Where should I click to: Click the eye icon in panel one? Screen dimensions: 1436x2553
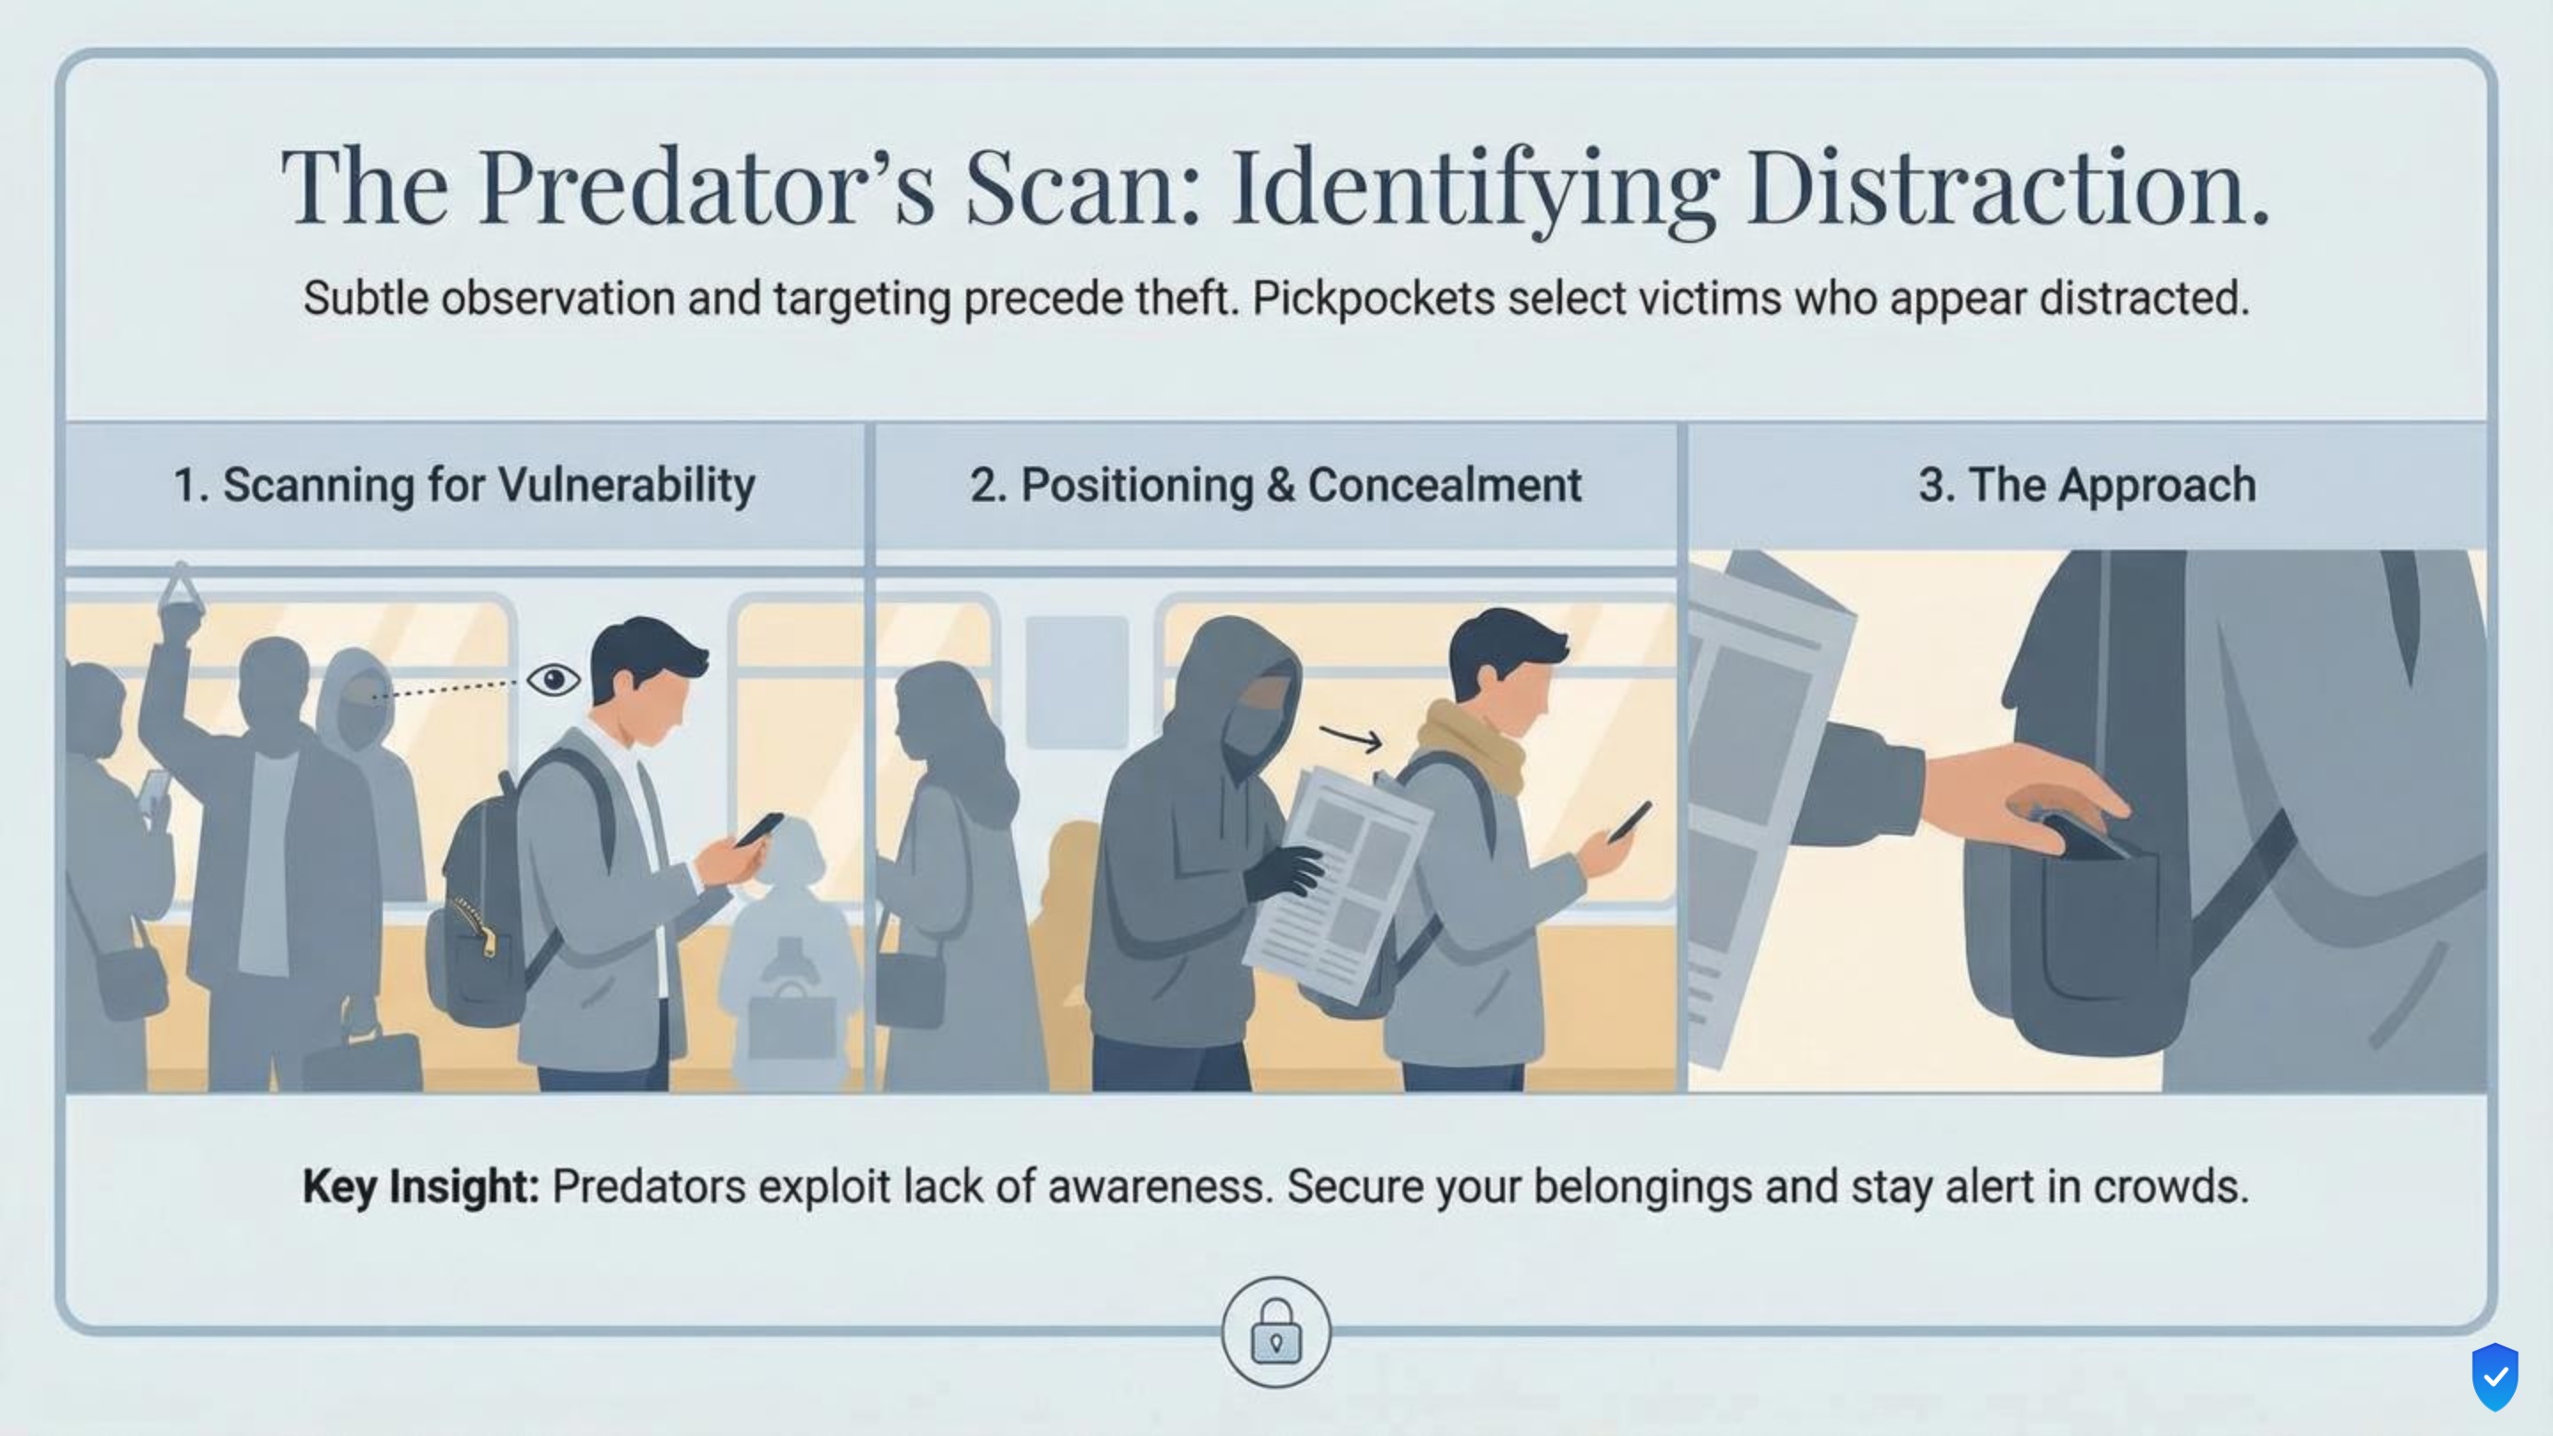(553, 680)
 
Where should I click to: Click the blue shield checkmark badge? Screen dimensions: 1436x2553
(2494, 1377)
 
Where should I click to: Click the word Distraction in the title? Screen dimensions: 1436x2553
(2006, 187)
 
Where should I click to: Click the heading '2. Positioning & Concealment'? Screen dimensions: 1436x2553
(1275, 486)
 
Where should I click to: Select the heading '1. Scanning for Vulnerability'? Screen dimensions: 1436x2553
(464, 486)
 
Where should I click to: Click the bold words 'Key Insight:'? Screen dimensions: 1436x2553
(420, 1186)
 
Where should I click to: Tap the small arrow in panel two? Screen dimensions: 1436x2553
(1352, 738)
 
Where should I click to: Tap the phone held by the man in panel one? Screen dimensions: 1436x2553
(758, 829)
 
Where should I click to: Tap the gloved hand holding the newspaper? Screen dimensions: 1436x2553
(1284, 872)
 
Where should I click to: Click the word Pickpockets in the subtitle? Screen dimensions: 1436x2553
(1372, 299)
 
